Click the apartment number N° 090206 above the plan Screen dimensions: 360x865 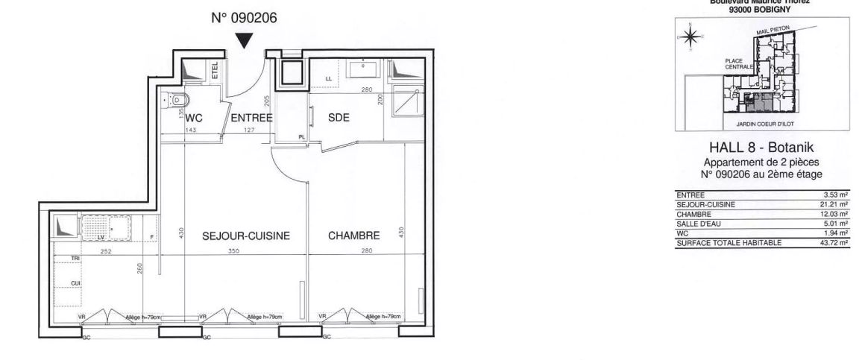click(x=244, y=19)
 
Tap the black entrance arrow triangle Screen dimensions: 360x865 click(x=244, y=42)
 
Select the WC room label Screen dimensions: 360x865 click(x=195, y=118)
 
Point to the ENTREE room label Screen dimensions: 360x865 click(x=251, y=118)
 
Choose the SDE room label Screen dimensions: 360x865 click(x=339, y=118)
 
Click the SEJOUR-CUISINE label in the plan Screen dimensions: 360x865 click(x=246, y=236)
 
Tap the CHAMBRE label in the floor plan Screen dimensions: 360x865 click(x=354, y=236)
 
